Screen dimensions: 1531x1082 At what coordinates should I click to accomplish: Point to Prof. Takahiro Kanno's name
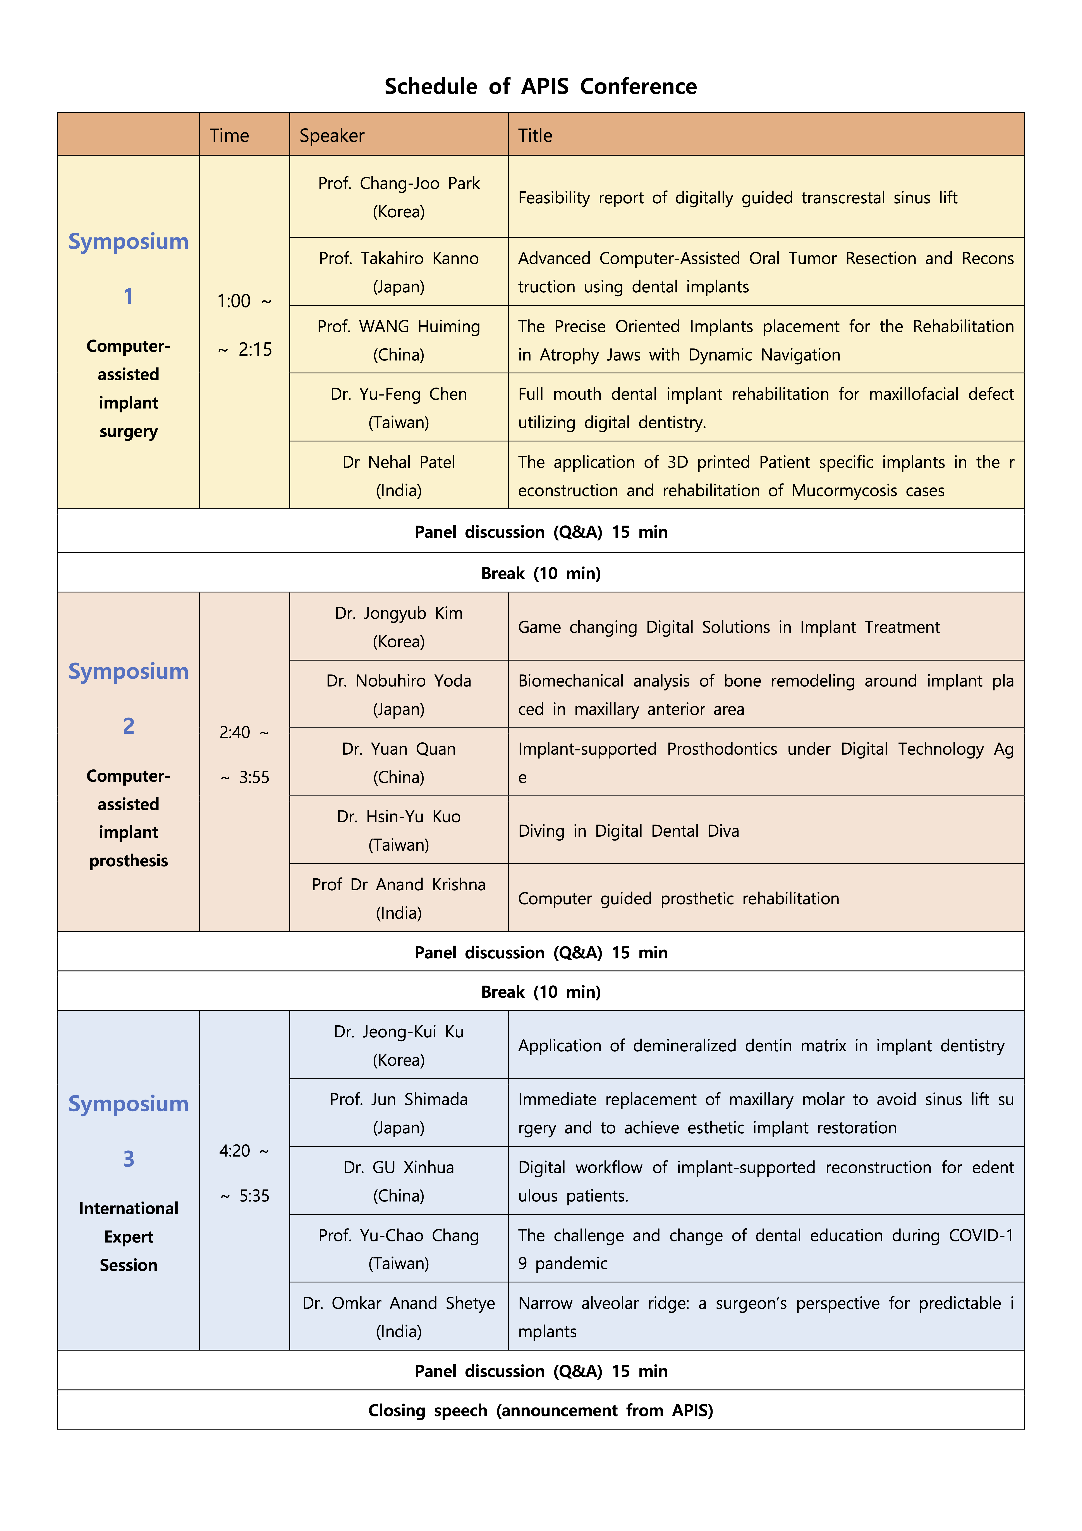399,259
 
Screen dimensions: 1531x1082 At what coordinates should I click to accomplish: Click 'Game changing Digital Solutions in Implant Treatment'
729,627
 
